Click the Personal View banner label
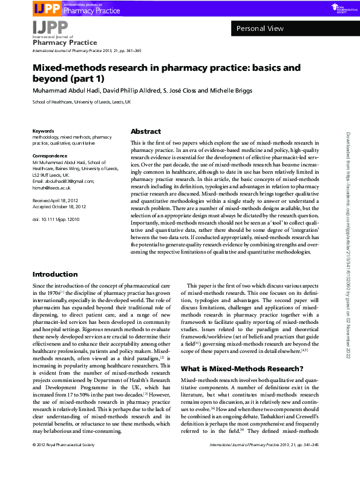[260, 28]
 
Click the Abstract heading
[146, 131]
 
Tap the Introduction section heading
[55, 274]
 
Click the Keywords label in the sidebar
[44, 131]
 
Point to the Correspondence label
[50, 156]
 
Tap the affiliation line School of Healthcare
[81, 102]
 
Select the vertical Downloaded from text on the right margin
[349, 242]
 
